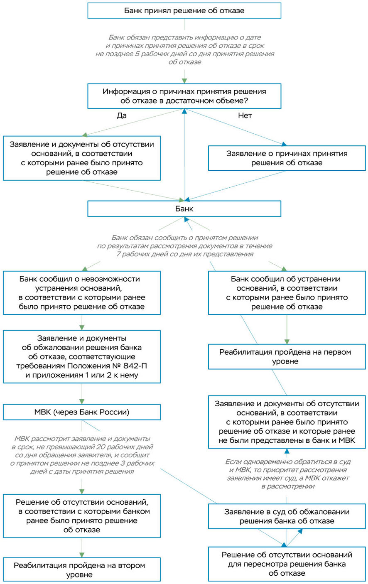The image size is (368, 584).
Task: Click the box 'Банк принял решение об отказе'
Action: pyautogui.click(x=184, y=10)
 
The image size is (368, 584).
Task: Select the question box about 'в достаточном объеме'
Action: pyautogui.click(x=184, y=96)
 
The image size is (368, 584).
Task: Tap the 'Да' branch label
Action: pyautogui.click(x=121, y=115)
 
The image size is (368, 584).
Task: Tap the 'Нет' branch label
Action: pyautogui.click(x=245, y=115)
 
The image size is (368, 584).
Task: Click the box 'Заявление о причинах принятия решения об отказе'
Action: pyautogui.click(x=287, y=158)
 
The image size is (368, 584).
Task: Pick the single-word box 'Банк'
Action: pyautogui.click(x=184, y=209)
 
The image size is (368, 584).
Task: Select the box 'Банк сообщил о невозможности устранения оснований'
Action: pyautogui.click(x=82, y=293)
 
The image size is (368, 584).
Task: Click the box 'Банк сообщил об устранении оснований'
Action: pyautogui.click(x=287, y=293)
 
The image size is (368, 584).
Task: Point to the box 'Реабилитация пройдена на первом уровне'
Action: pyautogui.click(x=287, y=357)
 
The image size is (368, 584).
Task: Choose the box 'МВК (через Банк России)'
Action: pyautogui.click(x=82, y=412)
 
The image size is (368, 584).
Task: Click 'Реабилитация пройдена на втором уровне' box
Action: pyautogui.click(x=82, y=570)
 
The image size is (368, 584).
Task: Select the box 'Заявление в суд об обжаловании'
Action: pyautogui.click(x=287, y=516)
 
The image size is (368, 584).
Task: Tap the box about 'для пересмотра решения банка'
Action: pyautogui.click(x=287, y=564)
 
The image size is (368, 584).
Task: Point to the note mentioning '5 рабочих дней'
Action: pyautogui.click(x=184, y=50)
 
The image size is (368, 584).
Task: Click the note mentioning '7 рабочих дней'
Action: pyautogui.click(x=184, y=246)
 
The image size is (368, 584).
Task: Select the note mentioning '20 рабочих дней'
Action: pyautogui.click(x=82, y=455)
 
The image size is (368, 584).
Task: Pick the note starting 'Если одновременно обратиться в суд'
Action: pyautogui.click(x=287, y=474)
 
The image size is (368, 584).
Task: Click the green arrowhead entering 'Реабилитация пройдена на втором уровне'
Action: pyautogui.click(x=82, y=555)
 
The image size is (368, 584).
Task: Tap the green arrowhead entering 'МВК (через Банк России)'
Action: pyautogui.click(x=82, y=401)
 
